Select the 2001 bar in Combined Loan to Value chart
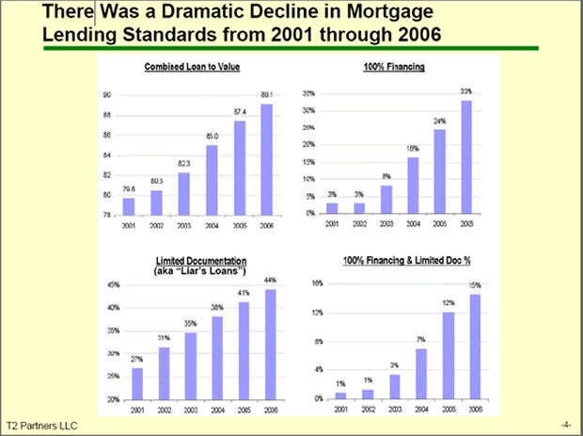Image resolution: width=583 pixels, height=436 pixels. click(x=129, y=205)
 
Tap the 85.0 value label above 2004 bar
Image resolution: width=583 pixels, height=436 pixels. click(x=213, y=137)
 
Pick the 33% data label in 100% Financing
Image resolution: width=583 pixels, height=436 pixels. click(x=465, y=91)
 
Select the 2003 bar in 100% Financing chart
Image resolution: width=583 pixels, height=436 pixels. click(x=386, y=199)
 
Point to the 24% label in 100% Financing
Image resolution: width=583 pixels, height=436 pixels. click(x=439, y=121)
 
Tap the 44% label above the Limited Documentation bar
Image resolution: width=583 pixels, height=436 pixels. click(x=269, y=281)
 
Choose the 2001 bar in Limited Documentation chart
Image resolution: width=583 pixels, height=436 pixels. click(x=137, y=383)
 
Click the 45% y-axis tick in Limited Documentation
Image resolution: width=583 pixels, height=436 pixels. click(x=113, y=285)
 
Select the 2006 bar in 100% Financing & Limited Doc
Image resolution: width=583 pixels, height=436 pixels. click(x=476, y=347)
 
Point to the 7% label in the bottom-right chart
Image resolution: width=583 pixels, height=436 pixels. click(x=421, y=340)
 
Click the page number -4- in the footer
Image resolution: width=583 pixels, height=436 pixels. click(x=565, y=426)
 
